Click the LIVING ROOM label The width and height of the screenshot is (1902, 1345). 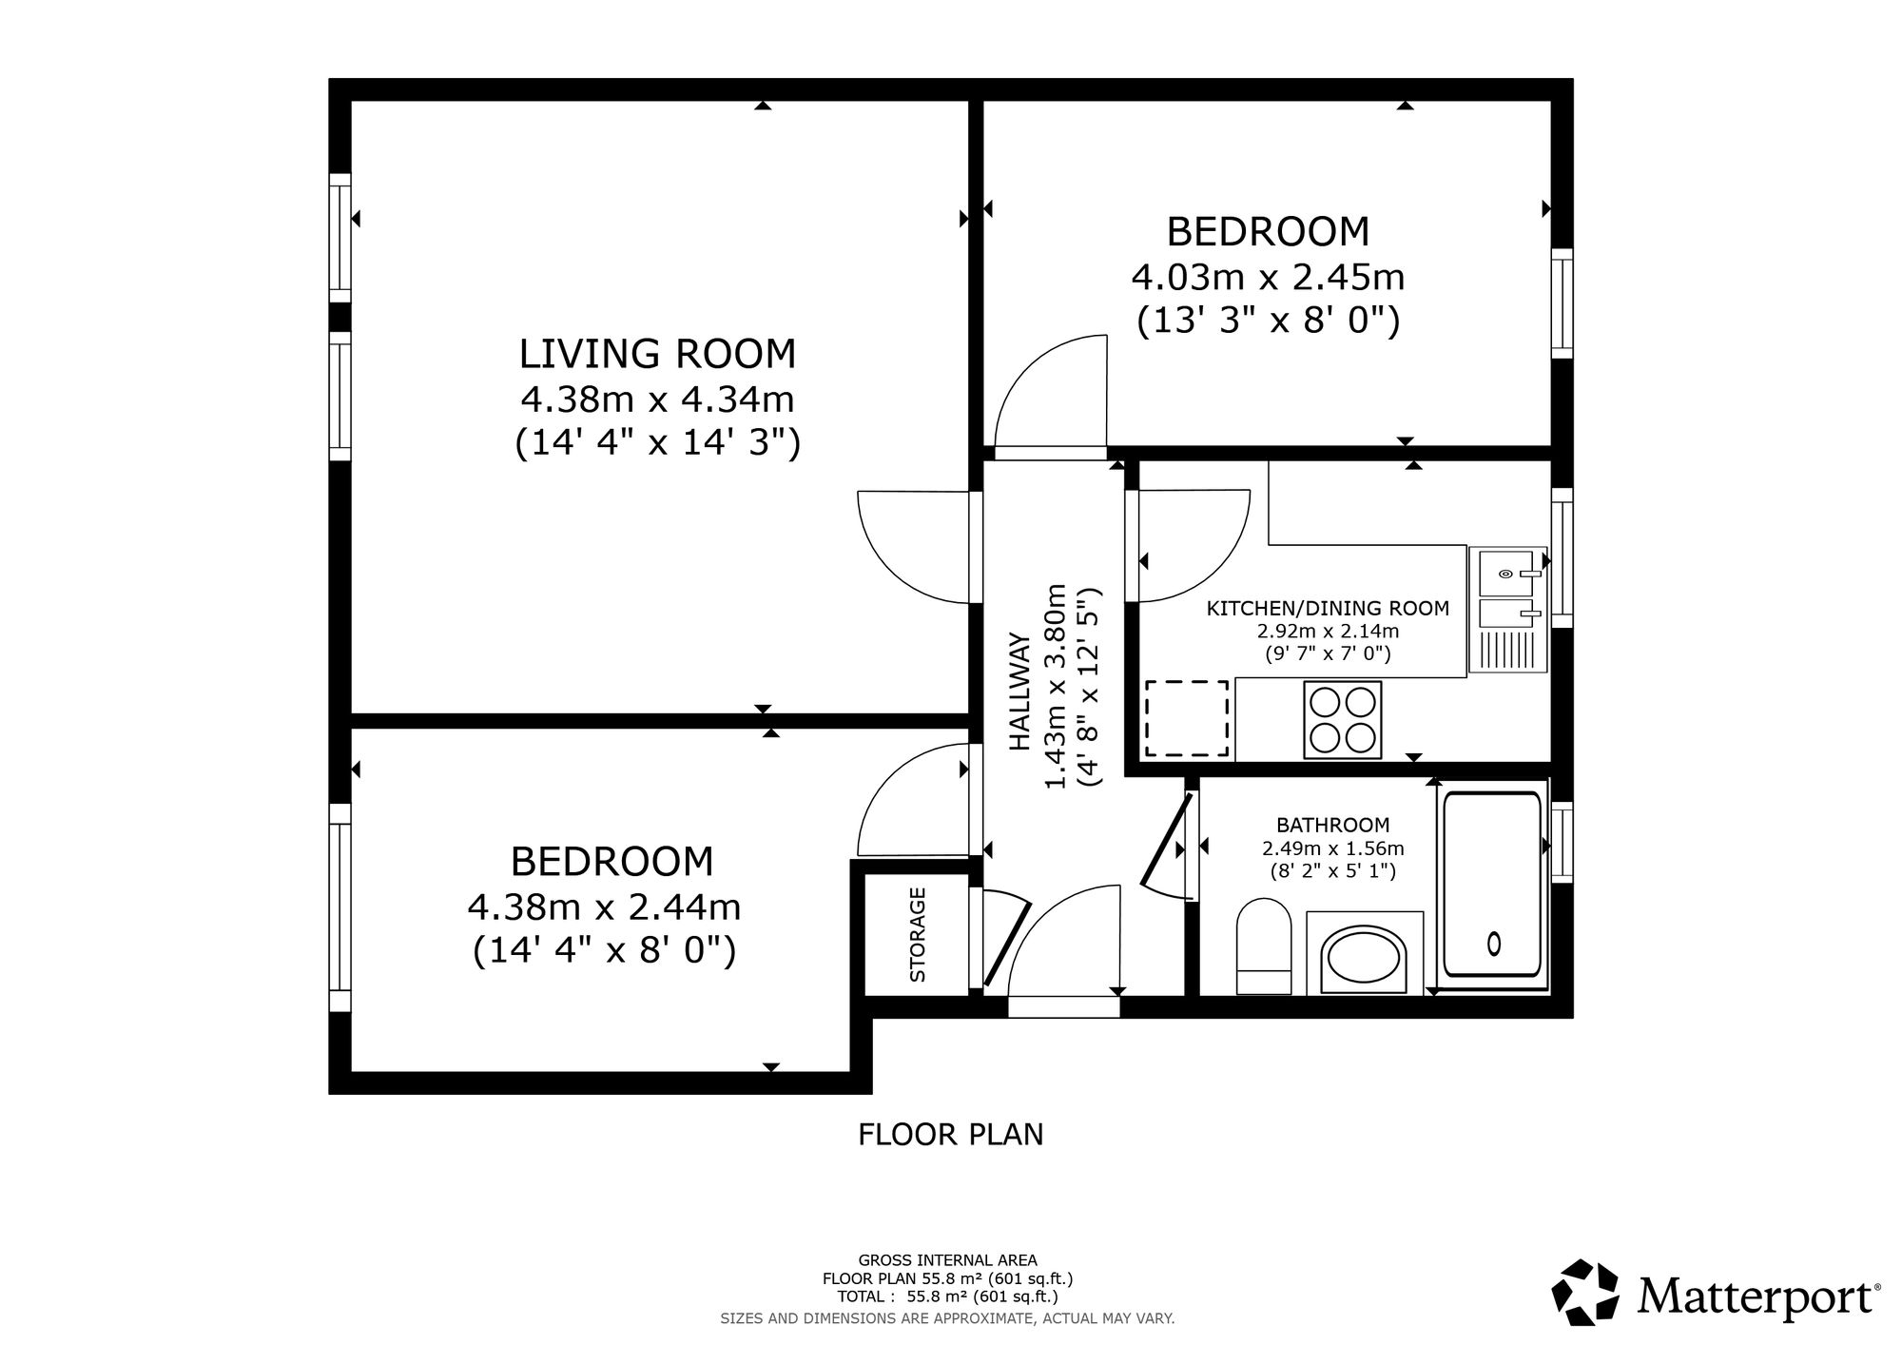(657, 354)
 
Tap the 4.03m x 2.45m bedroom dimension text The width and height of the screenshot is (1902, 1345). (1268, 278)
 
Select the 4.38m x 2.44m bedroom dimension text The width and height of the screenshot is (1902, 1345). (604, 907)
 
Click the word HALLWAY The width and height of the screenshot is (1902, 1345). (1019, 692)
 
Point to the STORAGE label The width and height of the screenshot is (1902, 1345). (918, 934)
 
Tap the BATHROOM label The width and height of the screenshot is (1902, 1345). (1332, 826)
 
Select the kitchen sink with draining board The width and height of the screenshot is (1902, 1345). (1507, 610)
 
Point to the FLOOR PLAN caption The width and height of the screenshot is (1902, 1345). (951, 1135)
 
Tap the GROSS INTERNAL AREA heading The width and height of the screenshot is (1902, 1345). (947, 1261)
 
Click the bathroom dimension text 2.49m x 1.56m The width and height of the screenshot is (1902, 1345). (1332, 848)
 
